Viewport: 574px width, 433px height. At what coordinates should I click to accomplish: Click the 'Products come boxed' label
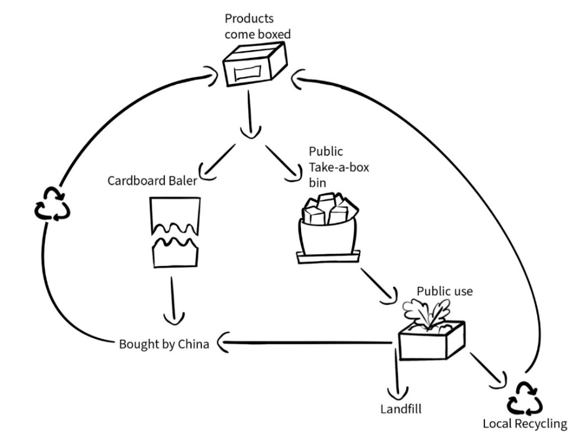point(257,26)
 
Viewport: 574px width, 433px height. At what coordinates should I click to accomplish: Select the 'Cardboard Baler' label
point(152,180)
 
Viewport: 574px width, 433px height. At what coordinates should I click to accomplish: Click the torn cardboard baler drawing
point(173,232)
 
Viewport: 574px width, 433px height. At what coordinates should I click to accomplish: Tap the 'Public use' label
point(444,292)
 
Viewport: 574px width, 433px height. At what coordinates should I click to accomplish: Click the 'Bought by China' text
point(164,344)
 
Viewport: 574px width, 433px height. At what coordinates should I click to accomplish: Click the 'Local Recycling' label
point(524,424)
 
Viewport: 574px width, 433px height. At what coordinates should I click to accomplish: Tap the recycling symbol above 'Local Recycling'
point(524,398)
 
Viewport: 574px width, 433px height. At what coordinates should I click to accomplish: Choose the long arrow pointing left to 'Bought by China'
point(305,343)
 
